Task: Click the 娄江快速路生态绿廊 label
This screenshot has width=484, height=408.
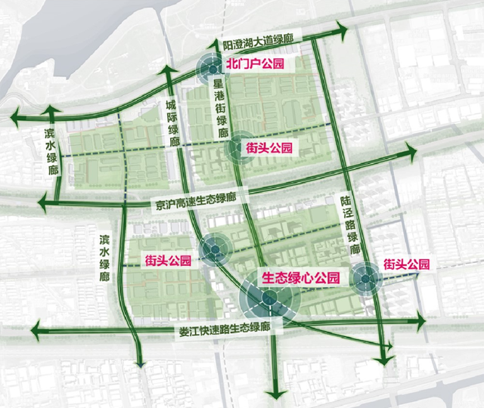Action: [x=225, y=331]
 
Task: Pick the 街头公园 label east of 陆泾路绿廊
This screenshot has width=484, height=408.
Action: [x=406, y=264]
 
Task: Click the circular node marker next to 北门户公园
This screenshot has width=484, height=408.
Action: [x=212, y=70]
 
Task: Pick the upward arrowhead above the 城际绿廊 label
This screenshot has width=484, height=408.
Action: [x=168, y=70]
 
